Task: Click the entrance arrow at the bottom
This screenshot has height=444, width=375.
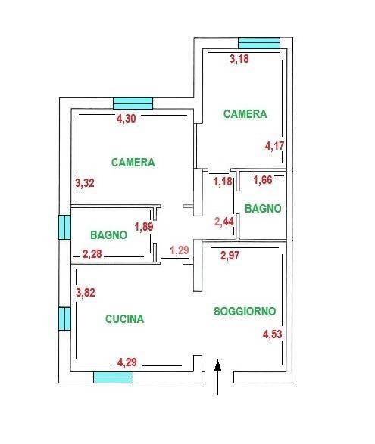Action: point(218,377)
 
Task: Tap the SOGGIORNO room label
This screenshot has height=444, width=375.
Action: point(244,311)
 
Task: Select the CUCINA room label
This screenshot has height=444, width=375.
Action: point(125,318)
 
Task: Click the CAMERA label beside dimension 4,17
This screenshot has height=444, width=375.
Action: point(245,114)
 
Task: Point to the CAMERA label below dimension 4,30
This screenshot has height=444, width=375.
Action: point(133,162)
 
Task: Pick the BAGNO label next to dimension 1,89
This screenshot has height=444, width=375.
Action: point(108,234)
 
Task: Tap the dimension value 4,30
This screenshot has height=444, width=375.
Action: point(128,118)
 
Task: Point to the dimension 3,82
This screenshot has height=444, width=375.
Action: point(88,293)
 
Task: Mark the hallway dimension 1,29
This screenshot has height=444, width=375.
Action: point(180,250)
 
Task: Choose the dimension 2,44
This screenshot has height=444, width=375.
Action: point(224,222)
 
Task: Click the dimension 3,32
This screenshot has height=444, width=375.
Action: point(86,182)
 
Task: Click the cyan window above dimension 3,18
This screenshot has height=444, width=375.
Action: point(259,42)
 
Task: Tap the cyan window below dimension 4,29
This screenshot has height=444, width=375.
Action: point(113,377)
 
